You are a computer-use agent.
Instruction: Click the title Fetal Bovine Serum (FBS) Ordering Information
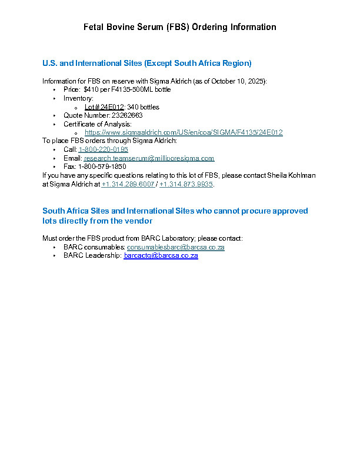coord(179,27)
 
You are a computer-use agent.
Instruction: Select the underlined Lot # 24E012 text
coord(104,107)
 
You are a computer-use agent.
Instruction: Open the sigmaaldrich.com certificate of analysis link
coord(184,132)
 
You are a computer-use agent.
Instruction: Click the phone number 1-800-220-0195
coord(103,149)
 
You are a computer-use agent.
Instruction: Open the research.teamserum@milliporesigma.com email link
coord(149,158)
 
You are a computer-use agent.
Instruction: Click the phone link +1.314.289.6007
coord(128,184)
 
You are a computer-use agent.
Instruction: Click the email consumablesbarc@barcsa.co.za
coord(176,247)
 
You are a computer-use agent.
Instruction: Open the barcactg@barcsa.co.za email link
coord(161,256)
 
